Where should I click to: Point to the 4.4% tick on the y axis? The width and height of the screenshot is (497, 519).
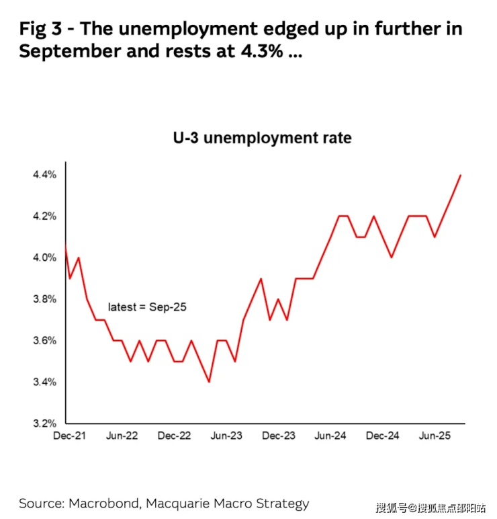click(44, 175)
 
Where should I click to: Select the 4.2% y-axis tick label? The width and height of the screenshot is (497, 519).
click(44, 216)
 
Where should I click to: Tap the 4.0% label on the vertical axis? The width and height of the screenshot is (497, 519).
click(44, 257)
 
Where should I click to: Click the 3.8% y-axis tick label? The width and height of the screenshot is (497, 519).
click(44, 299)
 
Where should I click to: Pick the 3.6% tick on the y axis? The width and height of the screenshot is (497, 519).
click(44, 341)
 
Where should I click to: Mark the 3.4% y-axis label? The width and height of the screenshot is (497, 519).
click(44, 382)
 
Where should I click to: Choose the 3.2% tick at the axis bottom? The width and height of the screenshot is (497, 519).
click(44, 424)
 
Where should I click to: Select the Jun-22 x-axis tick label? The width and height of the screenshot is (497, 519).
click(122, 436)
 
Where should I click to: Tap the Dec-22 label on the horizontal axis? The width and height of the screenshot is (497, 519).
click(175, 436)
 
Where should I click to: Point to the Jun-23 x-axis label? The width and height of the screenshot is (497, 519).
click(227, 436)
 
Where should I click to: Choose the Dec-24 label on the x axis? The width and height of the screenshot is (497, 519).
click(383, 436)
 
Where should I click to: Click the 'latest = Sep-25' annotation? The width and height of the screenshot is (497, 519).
click(147, 307)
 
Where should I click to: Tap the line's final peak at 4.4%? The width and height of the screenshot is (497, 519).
click(460, 175)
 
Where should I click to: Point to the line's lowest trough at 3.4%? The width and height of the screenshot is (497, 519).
click(209, 382)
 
